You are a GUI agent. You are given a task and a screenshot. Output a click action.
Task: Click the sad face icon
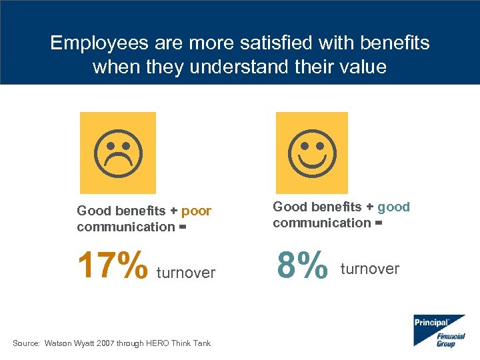point(117,153)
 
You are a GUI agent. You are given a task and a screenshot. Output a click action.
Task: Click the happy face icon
point(312,153)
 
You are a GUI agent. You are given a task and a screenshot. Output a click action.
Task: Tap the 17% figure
point(113,266)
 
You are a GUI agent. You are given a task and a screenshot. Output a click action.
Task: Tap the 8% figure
point(303,264)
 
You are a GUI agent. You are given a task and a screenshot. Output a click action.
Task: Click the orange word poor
point(196,211)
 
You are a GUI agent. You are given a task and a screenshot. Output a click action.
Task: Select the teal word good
point(393,207)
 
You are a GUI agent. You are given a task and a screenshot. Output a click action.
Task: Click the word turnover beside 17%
point(186,273)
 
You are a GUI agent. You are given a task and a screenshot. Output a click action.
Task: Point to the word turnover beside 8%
point(370,269)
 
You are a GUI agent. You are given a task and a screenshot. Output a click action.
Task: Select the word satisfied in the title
point(253,43)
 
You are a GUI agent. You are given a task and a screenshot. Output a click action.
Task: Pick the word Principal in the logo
point(431,323)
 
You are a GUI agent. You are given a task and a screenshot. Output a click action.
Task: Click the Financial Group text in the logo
point(451,340)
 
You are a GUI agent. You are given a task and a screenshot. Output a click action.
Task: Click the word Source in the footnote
point(26,343)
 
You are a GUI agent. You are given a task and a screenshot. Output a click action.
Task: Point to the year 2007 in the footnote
point(105,343)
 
